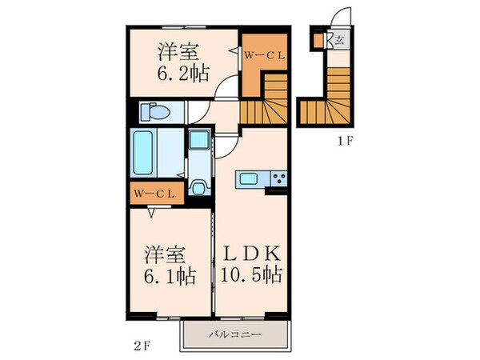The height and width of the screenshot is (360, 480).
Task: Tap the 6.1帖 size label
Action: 168,276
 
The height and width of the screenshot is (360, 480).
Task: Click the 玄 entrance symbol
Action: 340,39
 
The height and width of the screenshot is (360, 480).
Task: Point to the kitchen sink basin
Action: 248,177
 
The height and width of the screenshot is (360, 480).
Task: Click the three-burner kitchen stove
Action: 278,177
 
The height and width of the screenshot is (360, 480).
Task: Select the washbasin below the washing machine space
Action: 198,189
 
